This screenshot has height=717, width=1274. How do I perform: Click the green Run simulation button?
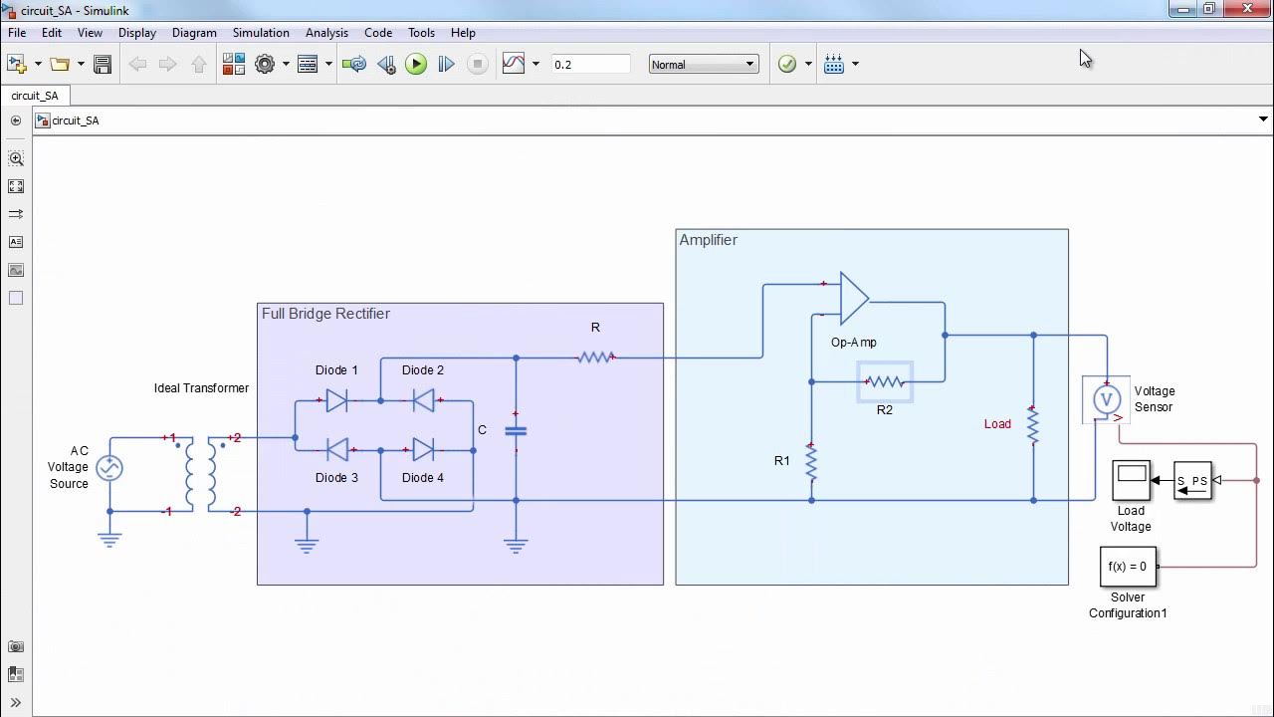(416, 65)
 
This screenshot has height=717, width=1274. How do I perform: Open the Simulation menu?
(261, 33)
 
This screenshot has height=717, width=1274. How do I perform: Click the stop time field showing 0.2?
(590, 65)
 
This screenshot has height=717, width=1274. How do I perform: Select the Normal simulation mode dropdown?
(704, 65)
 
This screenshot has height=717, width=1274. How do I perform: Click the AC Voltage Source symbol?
(109, 468)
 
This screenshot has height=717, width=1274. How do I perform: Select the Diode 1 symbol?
(336, 401)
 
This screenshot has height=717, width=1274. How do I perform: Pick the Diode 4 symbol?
(423, 450)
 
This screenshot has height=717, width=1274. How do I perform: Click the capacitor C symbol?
(516, 431)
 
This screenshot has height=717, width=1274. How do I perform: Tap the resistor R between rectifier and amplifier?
(595, 357)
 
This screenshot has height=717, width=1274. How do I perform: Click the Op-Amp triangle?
(853, 298)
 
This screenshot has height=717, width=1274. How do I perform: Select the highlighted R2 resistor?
(885, 381)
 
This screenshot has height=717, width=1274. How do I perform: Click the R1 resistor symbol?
(811, 462)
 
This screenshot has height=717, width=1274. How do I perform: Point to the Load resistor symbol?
(1033, 426)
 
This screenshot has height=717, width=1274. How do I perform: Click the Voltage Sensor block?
(1106, 399)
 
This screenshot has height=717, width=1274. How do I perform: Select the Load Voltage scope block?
(1131, 480)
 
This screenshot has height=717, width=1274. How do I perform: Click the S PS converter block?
(1192, 481)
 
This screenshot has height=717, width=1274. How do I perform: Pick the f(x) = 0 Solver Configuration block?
(1128, 567)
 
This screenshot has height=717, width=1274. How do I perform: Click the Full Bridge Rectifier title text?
(325, 314)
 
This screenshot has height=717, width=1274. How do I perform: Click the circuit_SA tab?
(35, 96)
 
